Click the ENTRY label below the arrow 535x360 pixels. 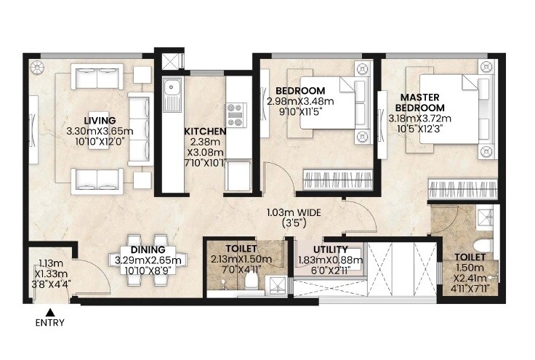tap(49, 322)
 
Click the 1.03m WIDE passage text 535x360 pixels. tap(293, 214)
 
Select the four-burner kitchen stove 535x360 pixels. tap(237, 115)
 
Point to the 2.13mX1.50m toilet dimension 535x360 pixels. tap(241, 260)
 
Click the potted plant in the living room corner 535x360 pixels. tap(40, 68)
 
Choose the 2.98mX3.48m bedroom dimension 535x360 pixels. tap(300, 101)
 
